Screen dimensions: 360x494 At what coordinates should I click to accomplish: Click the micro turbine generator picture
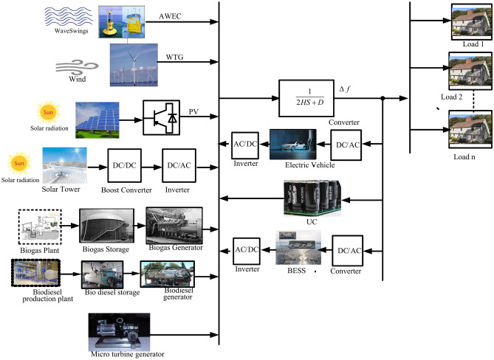click(119, 330)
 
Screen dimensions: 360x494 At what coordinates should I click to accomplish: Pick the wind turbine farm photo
click(135, 64)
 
